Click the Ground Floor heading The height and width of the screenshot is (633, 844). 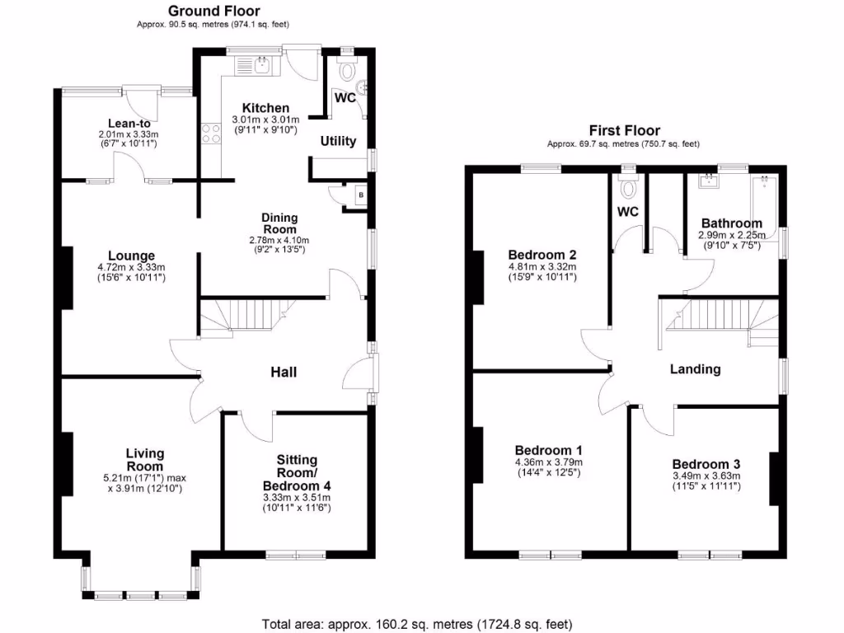(213, 11)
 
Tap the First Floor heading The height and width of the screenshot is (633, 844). (624, 130)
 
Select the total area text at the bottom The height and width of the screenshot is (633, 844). (416, 623)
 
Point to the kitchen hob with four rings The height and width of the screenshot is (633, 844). (210, 133)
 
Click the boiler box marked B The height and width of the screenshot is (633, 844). (359, 195)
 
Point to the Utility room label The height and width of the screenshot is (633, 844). (338, 141)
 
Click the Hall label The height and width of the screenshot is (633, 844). (284, 373)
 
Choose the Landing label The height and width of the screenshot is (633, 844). (695, 369)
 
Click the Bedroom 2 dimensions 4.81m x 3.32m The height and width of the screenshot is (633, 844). (542, 267)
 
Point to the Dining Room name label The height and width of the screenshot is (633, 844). (279, 223)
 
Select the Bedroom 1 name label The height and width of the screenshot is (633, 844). (548, 450)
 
